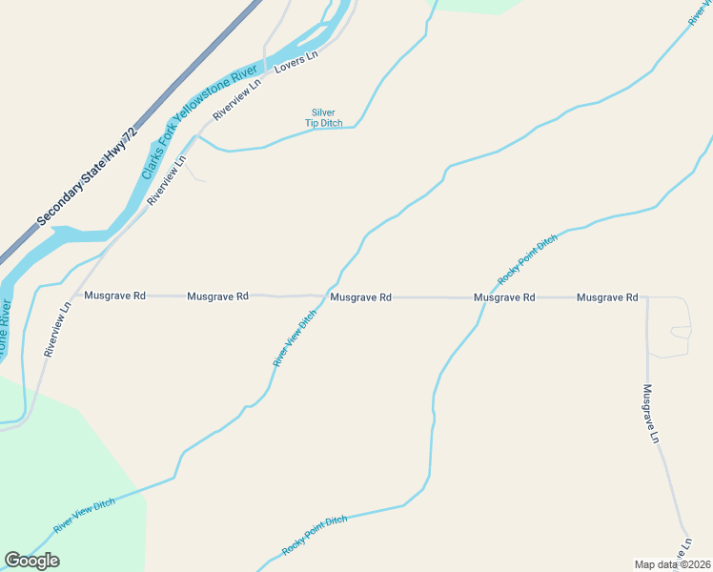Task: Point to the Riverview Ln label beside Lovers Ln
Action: click(x=237, y=100)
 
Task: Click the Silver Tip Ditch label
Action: click(x=323, y=117)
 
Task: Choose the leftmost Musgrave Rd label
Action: click(x=114, y=296)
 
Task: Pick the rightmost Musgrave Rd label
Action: click(x=607, y=297)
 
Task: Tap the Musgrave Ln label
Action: click(x=651, y=414)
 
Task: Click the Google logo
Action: click(x=31, y=561)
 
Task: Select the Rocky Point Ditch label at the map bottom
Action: click(x=315, y=536)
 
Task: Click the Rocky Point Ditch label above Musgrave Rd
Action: click(x=527, y=259)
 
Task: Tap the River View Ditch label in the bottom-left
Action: click(x=85, y=516)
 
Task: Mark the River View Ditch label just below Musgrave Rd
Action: click(x=295, y=338)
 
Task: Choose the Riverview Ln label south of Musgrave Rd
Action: click(x=57, y=330)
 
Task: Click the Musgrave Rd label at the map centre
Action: click(x=360, y=297)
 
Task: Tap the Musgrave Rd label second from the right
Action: click(x=504, y=297)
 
